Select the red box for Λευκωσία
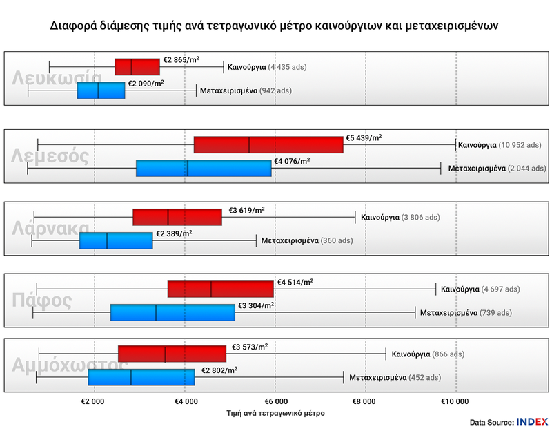pyautogui.click(x=137, y=67)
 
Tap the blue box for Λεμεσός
pyautogui.click(x=204, y=168)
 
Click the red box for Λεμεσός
pyautogui.click(x=268, y=145)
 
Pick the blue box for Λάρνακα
pyautogui.click(x=116, y=240)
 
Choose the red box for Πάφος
pyautogui.click(x=220, y=289)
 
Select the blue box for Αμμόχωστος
pyautogui.click(x=141, y=378)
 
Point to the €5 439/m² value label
pyautogui.click(x=364, y=138)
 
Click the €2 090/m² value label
pyautogui.click(x=146, y=84)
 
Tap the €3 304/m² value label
pyautogui.click(x=256, y=305)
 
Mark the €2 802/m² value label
pyautogui.click(x=219, y=370)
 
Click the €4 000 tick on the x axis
pyautogui.click(x=185, y=401)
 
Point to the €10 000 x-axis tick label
pyautogui.click(x=454, y=401)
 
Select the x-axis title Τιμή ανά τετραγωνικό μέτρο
pyautogui.click(x=275, y=412)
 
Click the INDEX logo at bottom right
pyautogui.click(x=532, y=421)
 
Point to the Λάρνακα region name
pyautogui.click(x=50, y=229)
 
